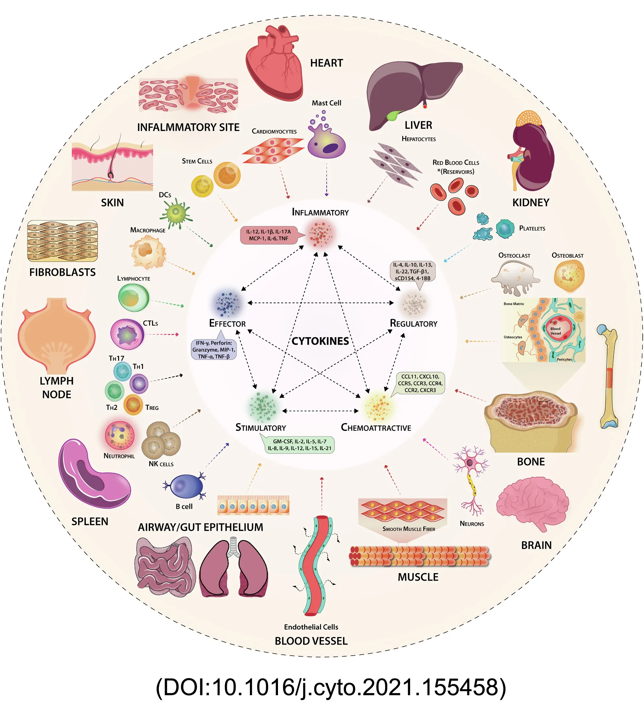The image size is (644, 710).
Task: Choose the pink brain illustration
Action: tap(532, 504)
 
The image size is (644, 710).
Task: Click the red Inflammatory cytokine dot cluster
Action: tap(320, 233)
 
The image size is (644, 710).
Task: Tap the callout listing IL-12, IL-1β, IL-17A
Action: tap(268, 235)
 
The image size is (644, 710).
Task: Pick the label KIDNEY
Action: tap(530, 203)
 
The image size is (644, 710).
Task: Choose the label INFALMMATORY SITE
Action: tap(188, 127)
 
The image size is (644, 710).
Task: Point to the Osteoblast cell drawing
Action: tap(568, 276)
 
